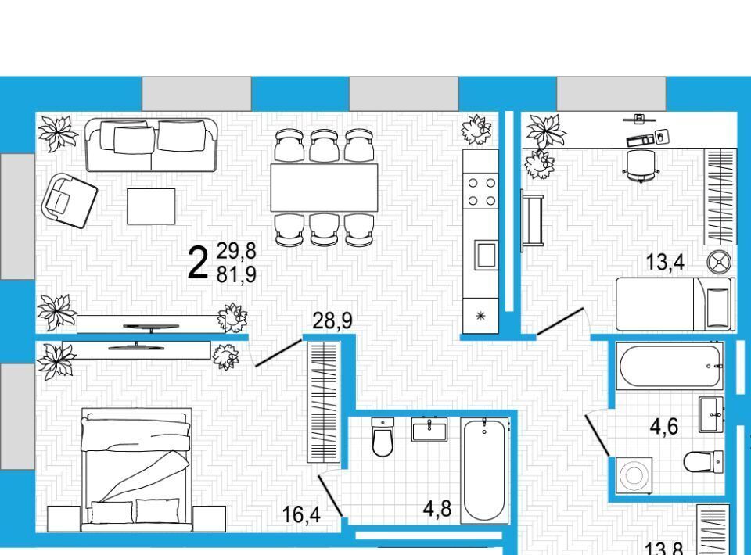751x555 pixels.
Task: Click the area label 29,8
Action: (x=236, y=251)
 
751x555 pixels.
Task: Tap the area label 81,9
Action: (x=236, y=274)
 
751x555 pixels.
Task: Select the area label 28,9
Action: (x=332, y=320)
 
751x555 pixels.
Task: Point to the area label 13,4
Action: (x=665, y=262)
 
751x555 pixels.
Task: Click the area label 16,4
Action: (x=301, y=515)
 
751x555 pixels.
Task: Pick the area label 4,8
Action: (x=437, y=509)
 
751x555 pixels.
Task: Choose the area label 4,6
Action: (x=664, y=426)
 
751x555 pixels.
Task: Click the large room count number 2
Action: (x=198, y=262)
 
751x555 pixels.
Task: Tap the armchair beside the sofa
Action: (x=70, y=200)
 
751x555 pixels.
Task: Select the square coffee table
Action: (x=151, y=206)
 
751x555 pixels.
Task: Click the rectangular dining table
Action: (x=324, y=188)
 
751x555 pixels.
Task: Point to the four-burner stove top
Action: (x=481, y=192)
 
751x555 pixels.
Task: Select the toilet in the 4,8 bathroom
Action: (x=383, y=436)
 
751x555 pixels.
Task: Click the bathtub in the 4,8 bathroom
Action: (x=484, y=470)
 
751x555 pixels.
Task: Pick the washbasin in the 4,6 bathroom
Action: (x=711, y=414)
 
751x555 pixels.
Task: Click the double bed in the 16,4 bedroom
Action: (x=137, y=470)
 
